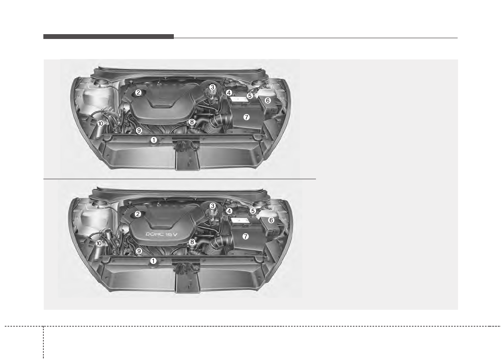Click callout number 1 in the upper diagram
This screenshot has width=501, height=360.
tap(154, 140)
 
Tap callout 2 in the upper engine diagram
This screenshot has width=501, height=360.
tap(138, 92)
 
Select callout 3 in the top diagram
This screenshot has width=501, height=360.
tap(212, 87)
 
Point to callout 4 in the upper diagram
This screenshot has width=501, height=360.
tap(229, 93)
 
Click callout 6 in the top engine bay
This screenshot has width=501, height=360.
tap(267, 100)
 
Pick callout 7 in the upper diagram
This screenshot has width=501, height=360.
tap(246, 117)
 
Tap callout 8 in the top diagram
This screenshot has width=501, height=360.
tap(191, 122)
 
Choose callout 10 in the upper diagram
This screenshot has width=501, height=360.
tap(101, 123)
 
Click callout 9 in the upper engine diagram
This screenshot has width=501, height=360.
tap(139, 130)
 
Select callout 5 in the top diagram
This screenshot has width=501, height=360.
tap(250, 96)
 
